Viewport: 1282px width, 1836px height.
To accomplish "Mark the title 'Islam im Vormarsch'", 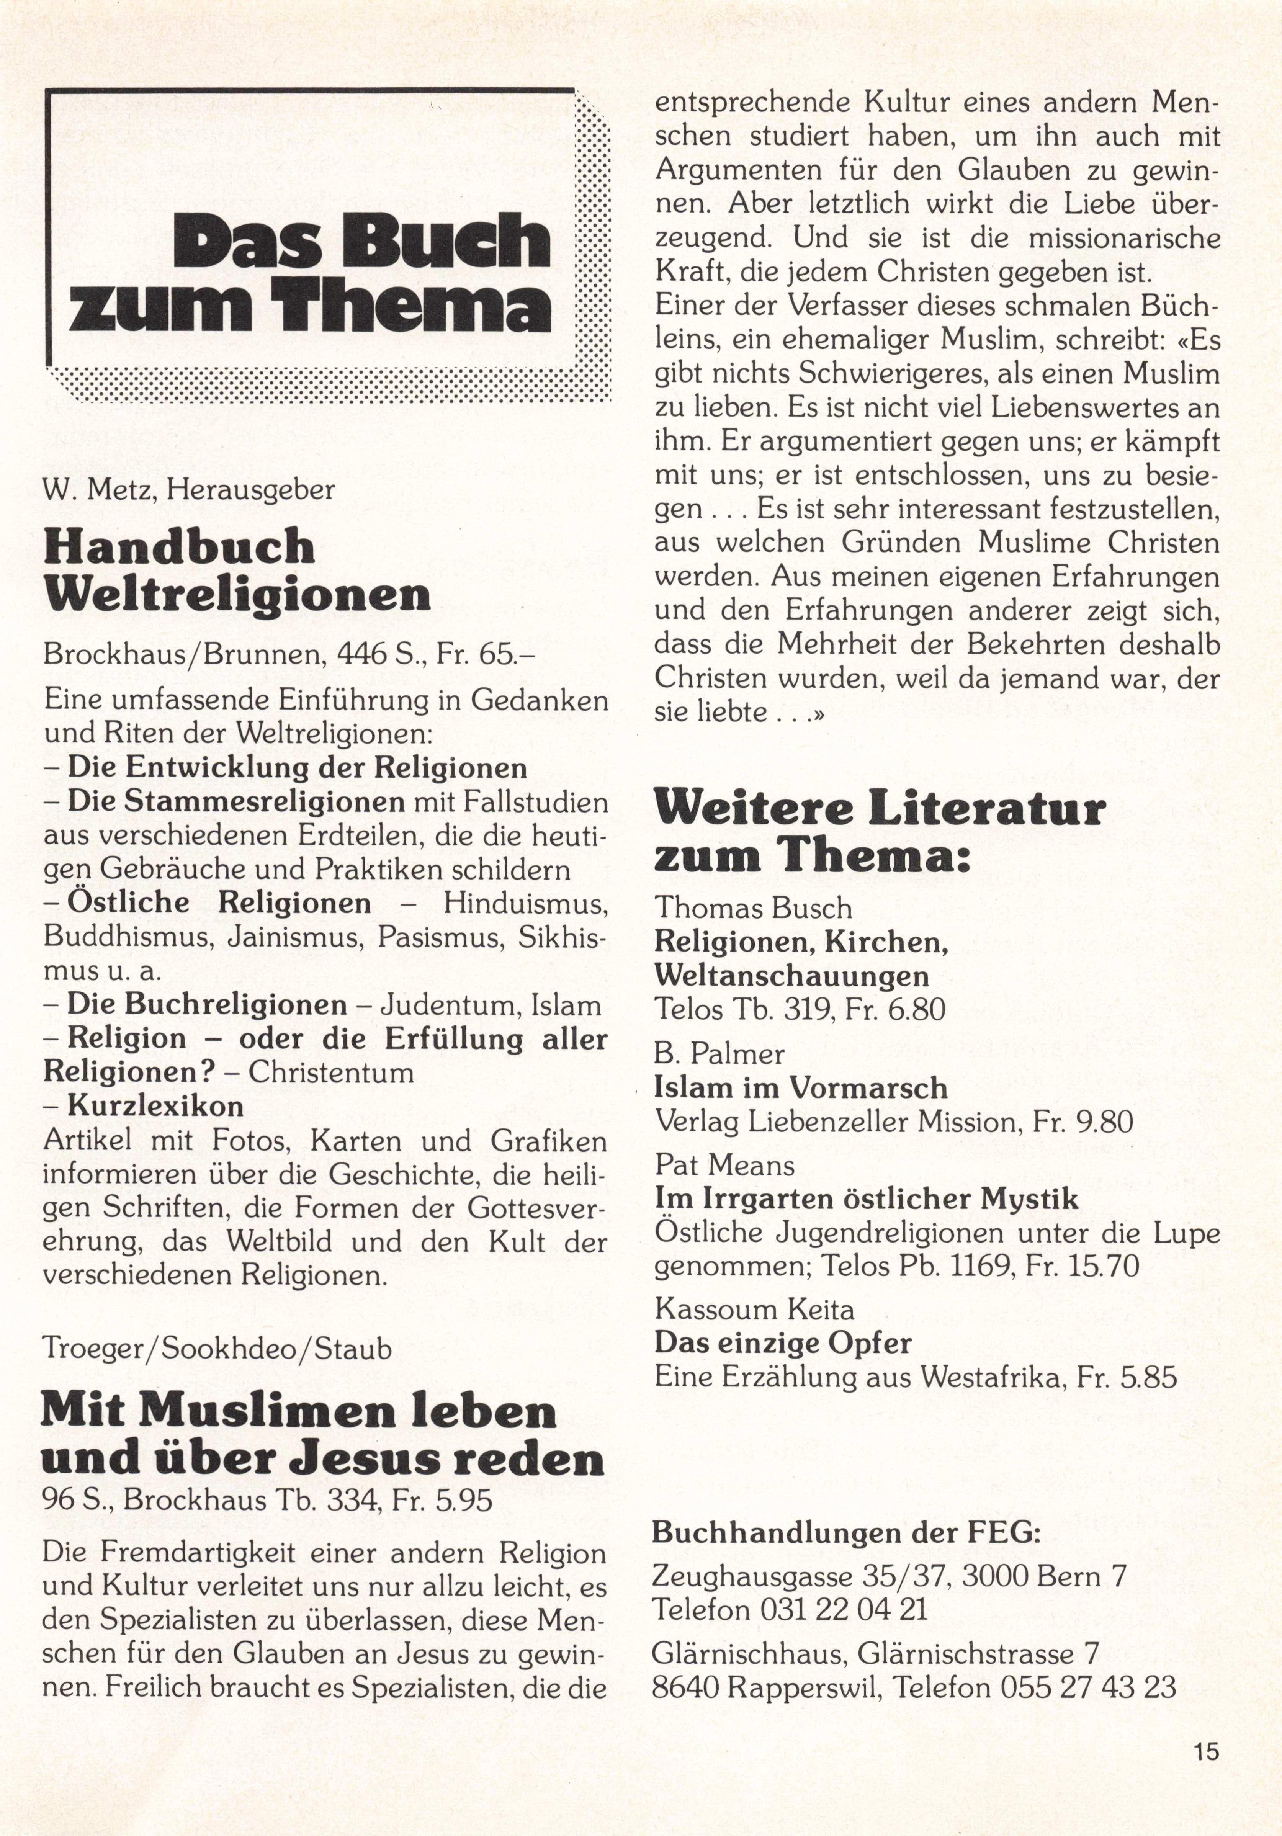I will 801,1087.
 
